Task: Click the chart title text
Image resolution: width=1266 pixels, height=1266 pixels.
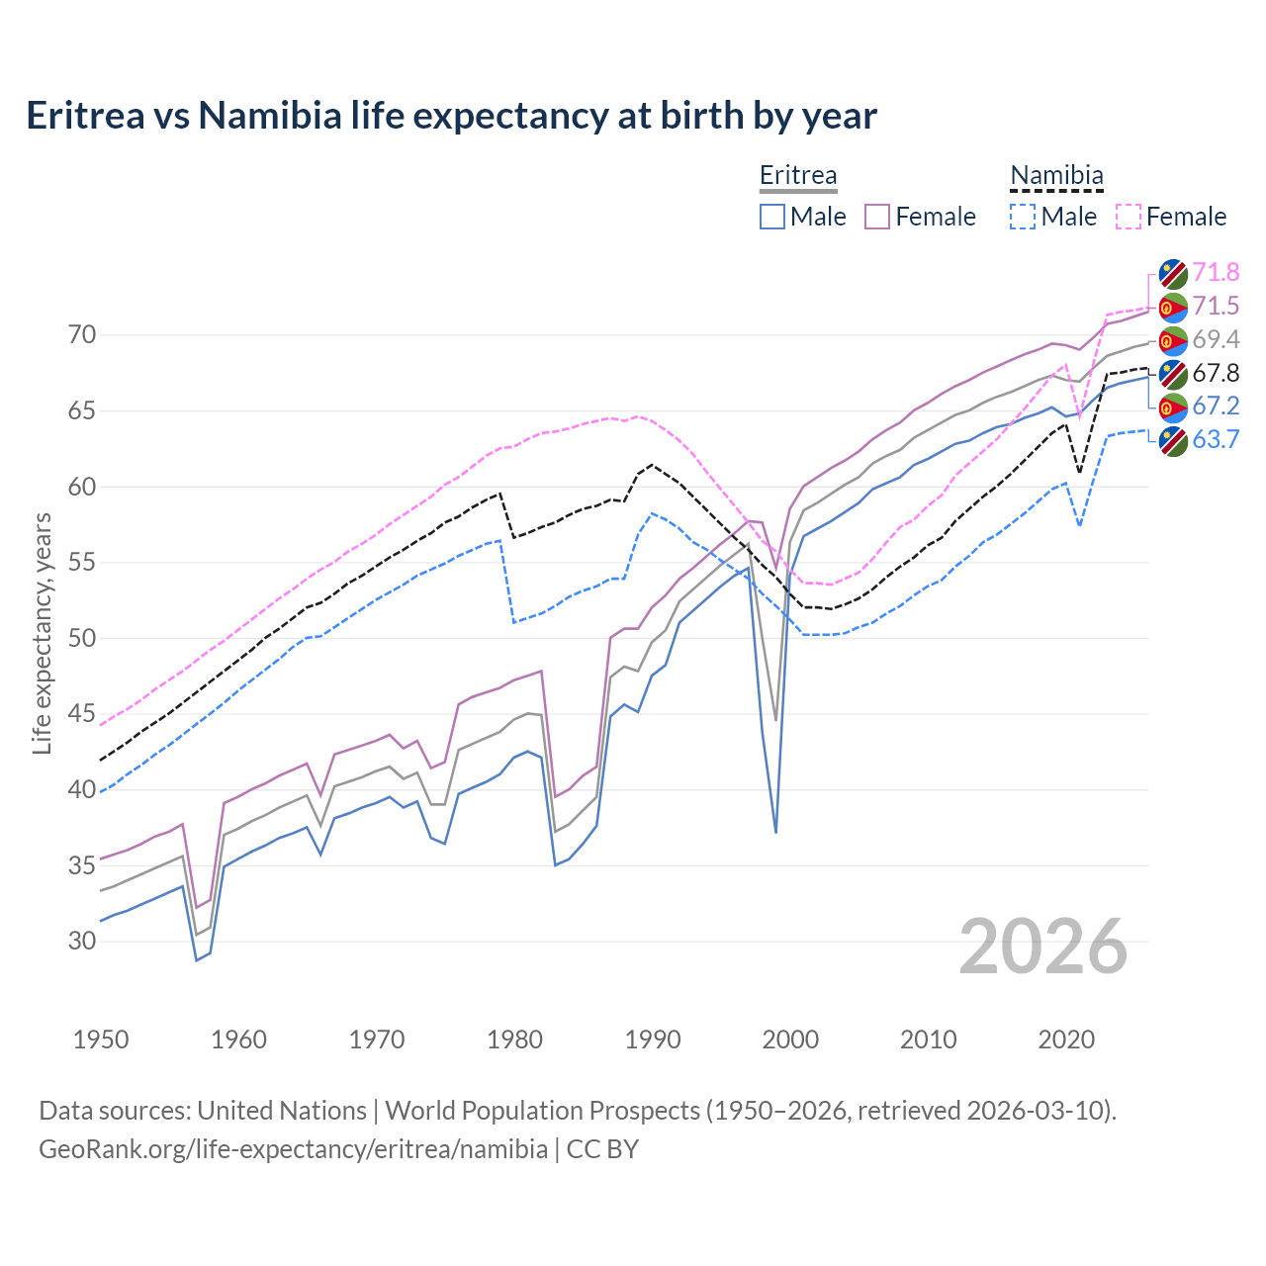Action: [451, 116]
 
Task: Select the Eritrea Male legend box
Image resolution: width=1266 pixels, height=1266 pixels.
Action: [772, 217]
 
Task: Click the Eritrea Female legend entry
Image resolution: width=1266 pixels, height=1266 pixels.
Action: [921, 217]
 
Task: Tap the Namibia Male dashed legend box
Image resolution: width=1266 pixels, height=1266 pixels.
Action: [1023, 217]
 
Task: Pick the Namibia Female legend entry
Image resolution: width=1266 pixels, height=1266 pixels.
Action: [1172, 217]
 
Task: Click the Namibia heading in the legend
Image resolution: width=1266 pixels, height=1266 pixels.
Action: [1056, 176]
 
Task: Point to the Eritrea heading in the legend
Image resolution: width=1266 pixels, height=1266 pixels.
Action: [798, 176]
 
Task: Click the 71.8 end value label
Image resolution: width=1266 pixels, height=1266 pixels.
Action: [1216, 272]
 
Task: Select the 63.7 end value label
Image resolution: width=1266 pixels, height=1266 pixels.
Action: [1216, 439]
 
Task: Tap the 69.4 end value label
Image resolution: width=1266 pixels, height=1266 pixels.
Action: [1216, 339]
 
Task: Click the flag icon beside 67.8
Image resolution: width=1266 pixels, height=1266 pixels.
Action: [1173, 374]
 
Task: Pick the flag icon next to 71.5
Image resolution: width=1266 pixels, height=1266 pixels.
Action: [1173, 308]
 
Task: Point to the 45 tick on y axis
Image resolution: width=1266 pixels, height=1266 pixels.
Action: [82, 714]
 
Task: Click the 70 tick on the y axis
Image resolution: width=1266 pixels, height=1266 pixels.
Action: [82, 335]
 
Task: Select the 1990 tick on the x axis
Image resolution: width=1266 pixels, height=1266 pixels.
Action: [653, 1040]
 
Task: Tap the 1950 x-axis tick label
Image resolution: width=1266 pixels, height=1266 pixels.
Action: [101, 1040]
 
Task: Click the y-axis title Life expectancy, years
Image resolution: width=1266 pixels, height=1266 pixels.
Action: [42, 633]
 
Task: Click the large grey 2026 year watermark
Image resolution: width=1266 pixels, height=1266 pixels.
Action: [1043, 947]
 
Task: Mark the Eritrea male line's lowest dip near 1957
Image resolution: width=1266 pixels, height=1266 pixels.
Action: [196, 959]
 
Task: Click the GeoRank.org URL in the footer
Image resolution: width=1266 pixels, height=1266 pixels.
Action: [293, 1149]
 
